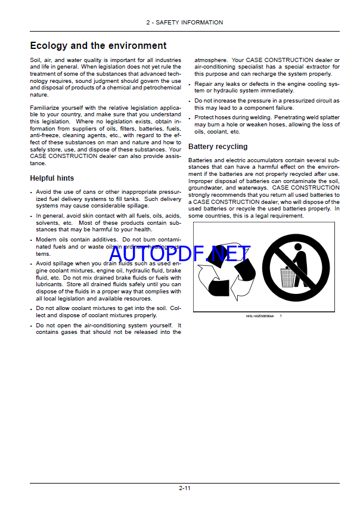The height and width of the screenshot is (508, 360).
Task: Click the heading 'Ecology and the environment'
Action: (x=98, y=45)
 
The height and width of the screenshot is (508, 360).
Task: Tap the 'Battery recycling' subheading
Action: (x=218, y=147)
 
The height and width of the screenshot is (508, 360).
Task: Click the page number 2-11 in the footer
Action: (x=184, y=488)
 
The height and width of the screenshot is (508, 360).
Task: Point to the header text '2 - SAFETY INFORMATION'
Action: (x=184, y=23)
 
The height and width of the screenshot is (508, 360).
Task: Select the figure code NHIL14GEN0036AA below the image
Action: (x=260, y=315)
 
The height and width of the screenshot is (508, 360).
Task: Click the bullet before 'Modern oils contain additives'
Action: (x=32, y=239)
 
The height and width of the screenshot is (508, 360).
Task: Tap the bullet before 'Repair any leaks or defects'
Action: (x=190, y=85)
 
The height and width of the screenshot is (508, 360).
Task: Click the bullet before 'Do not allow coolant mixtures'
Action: (x=32, y=308)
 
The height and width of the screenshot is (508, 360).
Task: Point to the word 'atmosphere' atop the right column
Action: (x=211, y=60)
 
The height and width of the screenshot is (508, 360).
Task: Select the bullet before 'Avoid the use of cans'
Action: (x=32, y=192)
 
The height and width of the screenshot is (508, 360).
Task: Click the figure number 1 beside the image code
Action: (x=281, y=315)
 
